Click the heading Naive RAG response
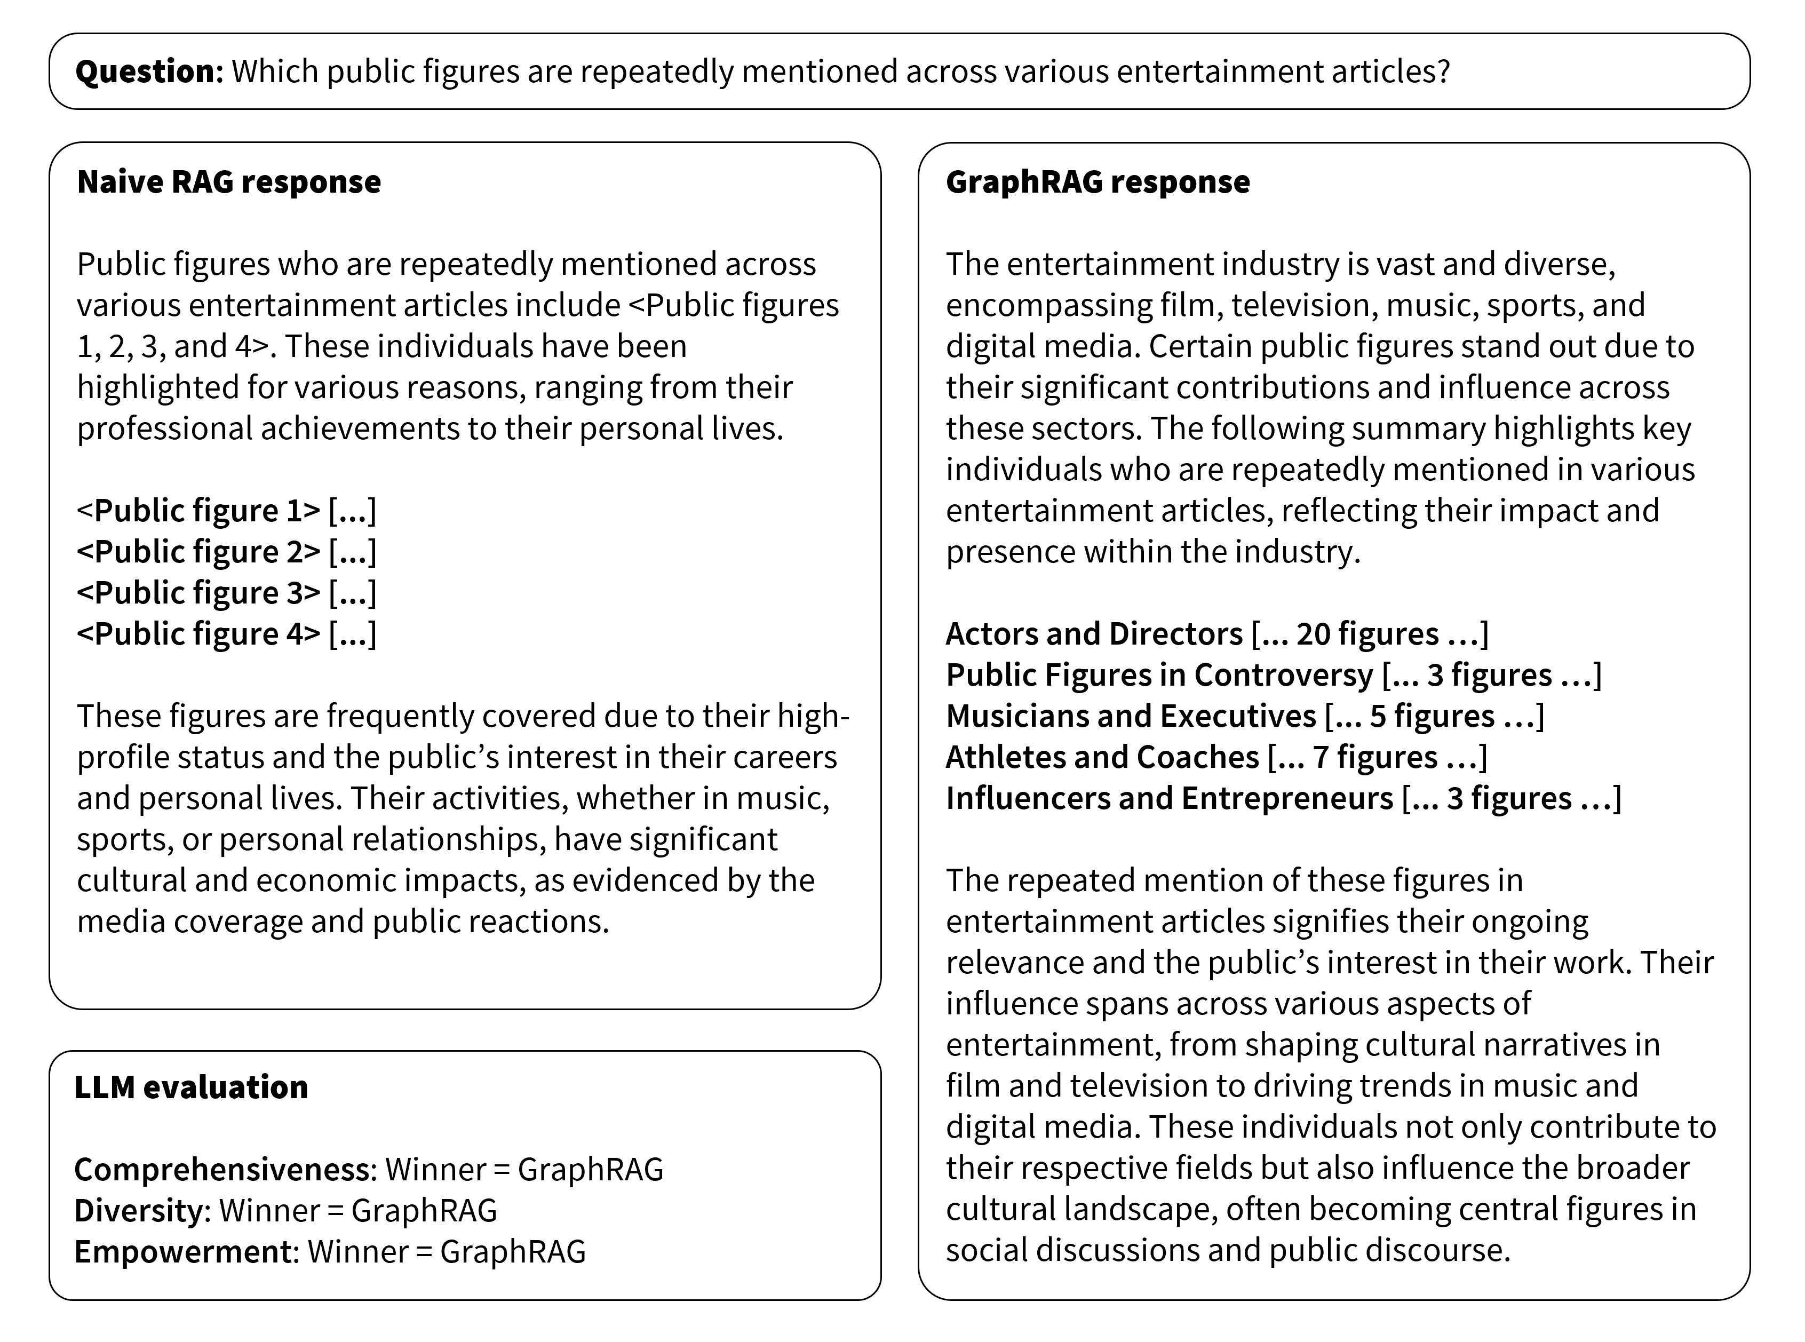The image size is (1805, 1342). point(228,182)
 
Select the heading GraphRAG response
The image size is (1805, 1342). point(1098,182)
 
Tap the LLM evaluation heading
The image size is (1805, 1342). point(191,1087)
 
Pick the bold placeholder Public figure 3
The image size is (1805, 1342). point(199,593)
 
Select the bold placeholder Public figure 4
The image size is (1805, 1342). point(199,633)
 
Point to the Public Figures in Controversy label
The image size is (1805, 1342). point(1159,675)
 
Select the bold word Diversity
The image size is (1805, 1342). point(139,1210)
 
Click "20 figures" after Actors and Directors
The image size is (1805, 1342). point(1367,633)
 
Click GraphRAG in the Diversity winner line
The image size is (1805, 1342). point(424,1210)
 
